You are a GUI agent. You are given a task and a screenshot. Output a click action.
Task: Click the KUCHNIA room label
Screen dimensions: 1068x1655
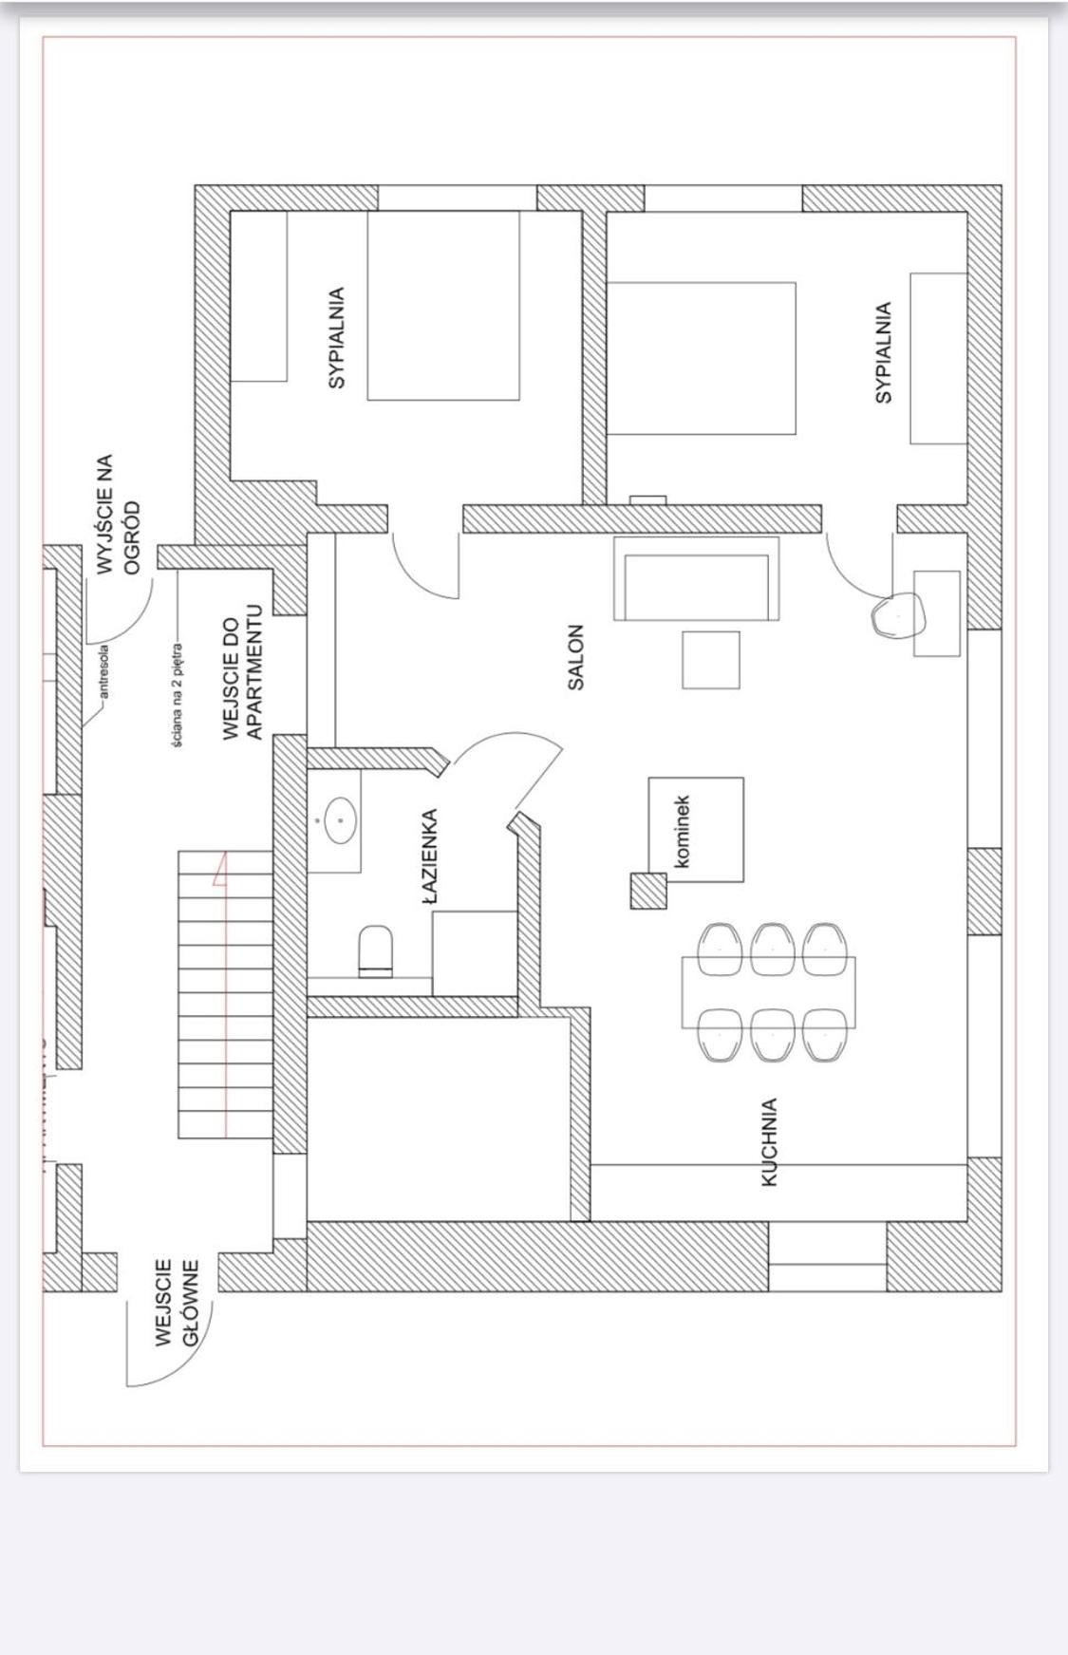coord(770,1141)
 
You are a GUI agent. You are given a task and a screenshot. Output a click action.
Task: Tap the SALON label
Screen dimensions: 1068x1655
coord(576,657)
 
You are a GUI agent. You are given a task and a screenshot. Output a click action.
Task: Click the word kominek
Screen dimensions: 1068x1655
coord(681,832)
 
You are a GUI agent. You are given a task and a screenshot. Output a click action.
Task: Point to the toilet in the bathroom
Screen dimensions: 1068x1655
coord(376,951)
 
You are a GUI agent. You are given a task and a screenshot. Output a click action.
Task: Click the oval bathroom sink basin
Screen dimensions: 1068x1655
coord(340,820)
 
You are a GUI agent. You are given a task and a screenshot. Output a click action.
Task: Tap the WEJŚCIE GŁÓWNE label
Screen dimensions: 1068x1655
coord(177,1302)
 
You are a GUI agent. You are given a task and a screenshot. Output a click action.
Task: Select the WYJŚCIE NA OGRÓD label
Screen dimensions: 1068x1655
coord(119,514)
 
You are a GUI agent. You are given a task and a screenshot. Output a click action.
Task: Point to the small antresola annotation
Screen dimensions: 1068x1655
coord(104,671)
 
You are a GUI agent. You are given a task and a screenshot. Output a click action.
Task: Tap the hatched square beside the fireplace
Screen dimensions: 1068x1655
coord(648,891)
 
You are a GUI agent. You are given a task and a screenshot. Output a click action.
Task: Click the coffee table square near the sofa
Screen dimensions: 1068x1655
coord(711,660)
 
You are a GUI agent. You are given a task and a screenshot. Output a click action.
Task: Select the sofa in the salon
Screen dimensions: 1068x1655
coord(697,578)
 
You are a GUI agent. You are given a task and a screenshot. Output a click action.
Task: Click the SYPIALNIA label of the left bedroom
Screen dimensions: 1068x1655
coord(336,338)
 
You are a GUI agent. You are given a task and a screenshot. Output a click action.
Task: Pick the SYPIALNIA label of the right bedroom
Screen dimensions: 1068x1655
coord(884,352)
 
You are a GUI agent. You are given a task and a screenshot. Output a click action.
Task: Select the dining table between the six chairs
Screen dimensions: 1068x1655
coord(768,992)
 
